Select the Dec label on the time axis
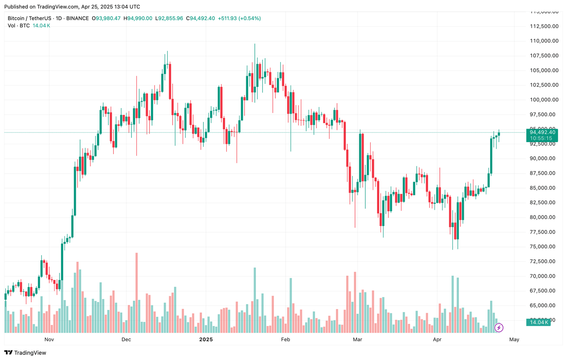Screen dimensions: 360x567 click(x=126, y=339)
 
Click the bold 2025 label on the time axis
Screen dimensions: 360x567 click(x=206, y=339)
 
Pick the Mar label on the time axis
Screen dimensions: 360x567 click(x=358, y=339)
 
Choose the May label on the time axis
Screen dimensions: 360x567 click(x=514, y=339)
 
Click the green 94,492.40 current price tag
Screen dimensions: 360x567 click(x=542, y=132)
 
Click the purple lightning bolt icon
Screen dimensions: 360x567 click(x=499, y=327)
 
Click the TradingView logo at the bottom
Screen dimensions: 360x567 click(x=25, y=353)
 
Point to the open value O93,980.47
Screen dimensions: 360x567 click(x=106, y=18)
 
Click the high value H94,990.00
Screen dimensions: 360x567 click(x=138, y=18)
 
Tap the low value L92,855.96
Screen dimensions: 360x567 click(x=169, y=18)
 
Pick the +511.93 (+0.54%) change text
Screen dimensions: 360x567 click(x=239, y=18)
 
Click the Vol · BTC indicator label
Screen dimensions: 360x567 click(x=19, y=26)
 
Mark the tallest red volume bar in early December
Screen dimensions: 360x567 click(x=136, y=293)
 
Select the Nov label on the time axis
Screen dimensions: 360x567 click(x=49, y=339)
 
